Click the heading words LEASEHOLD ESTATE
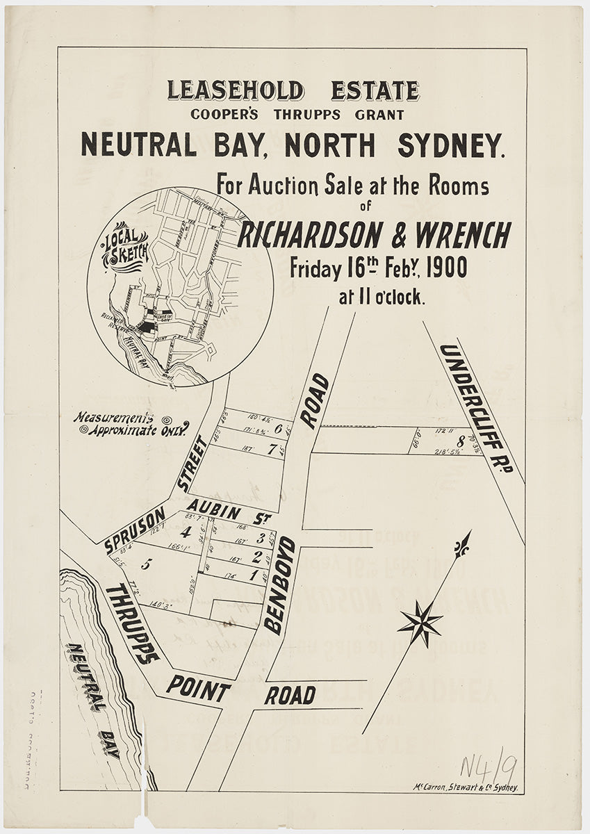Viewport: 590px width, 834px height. coord(293,91)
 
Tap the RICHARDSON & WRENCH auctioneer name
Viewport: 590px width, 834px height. coord(374,236)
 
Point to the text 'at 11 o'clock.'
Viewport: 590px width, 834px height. coord(382,297)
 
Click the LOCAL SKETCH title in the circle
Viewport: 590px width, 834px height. coord(125,246)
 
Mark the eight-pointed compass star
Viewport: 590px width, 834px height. coord(420,623)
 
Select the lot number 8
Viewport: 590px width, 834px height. coord(460,441)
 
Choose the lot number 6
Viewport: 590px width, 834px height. coord(278,429)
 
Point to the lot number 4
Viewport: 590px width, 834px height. coord(185,533)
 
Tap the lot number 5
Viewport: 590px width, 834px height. coord(145,564)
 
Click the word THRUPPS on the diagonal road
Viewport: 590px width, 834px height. coord(133,623)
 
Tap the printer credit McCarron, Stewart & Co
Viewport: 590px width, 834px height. coord(466,788)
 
